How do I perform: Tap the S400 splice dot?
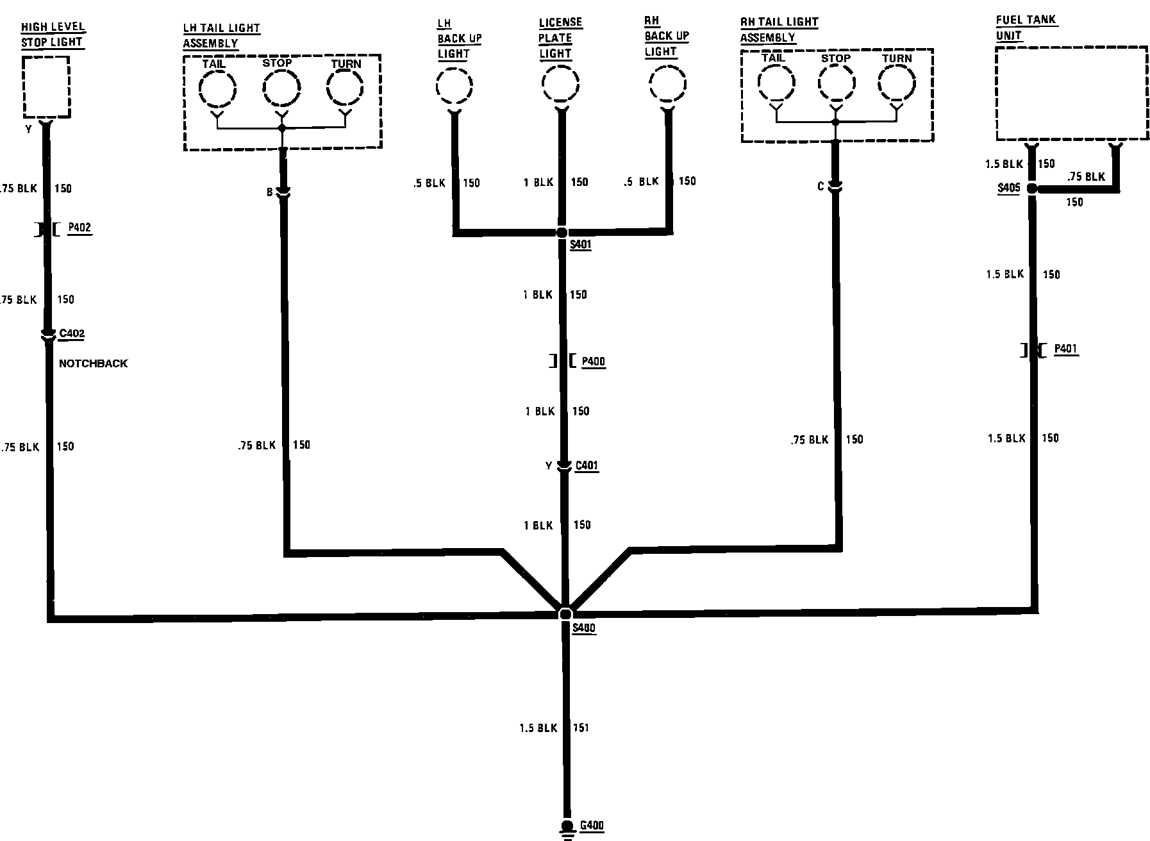[565, 613]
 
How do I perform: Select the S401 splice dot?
[562, 232]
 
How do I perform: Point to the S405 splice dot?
[1031, 188]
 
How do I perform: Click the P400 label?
[593, 362]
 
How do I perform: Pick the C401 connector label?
[587, 465]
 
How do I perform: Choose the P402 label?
[79, 228]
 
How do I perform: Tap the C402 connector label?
[72, 333]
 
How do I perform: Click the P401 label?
[1065, 349]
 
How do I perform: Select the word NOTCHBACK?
[93, 363]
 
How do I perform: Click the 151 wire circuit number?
[580, 728]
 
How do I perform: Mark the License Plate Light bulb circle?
[560, 84]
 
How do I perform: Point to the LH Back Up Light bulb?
[454, 86]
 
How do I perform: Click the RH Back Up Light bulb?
[667, 84]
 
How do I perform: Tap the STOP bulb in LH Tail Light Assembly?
[281, 88]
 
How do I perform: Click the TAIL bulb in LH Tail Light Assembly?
[217, 88]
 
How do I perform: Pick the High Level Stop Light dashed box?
[46, 87]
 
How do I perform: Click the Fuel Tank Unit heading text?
[1026, 27]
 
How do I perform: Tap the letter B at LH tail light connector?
[270, 192]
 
